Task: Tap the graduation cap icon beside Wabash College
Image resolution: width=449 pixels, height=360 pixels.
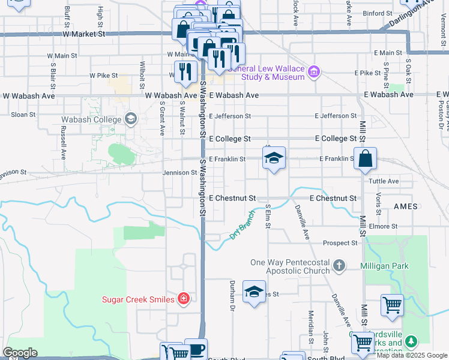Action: click(130, 119)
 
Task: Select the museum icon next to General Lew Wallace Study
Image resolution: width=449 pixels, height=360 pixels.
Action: click(313, 73)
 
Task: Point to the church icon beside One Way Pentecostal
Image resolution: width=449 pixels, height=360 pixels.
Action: click(339, 265)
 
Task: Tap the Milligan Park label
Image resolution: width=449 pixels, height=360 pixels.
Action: click(384, 266)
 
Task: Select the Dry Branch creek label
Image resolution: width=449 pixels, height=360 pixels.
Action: click(243, 225)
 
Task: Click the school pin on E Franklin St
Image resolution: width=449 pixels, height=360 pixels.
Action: click(274, 158)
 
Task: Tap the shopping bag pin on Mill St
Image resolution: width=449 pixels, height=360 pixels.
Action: click(365, 158)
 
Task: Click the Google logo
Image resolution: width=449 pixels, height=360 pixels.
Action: click(20, 353)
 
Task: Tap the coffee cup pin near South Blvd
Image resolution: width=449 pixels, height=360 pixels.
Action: click(196, 349)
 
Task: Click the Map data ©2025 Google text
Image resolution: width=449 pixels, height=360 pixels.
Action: click(411, 355)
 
